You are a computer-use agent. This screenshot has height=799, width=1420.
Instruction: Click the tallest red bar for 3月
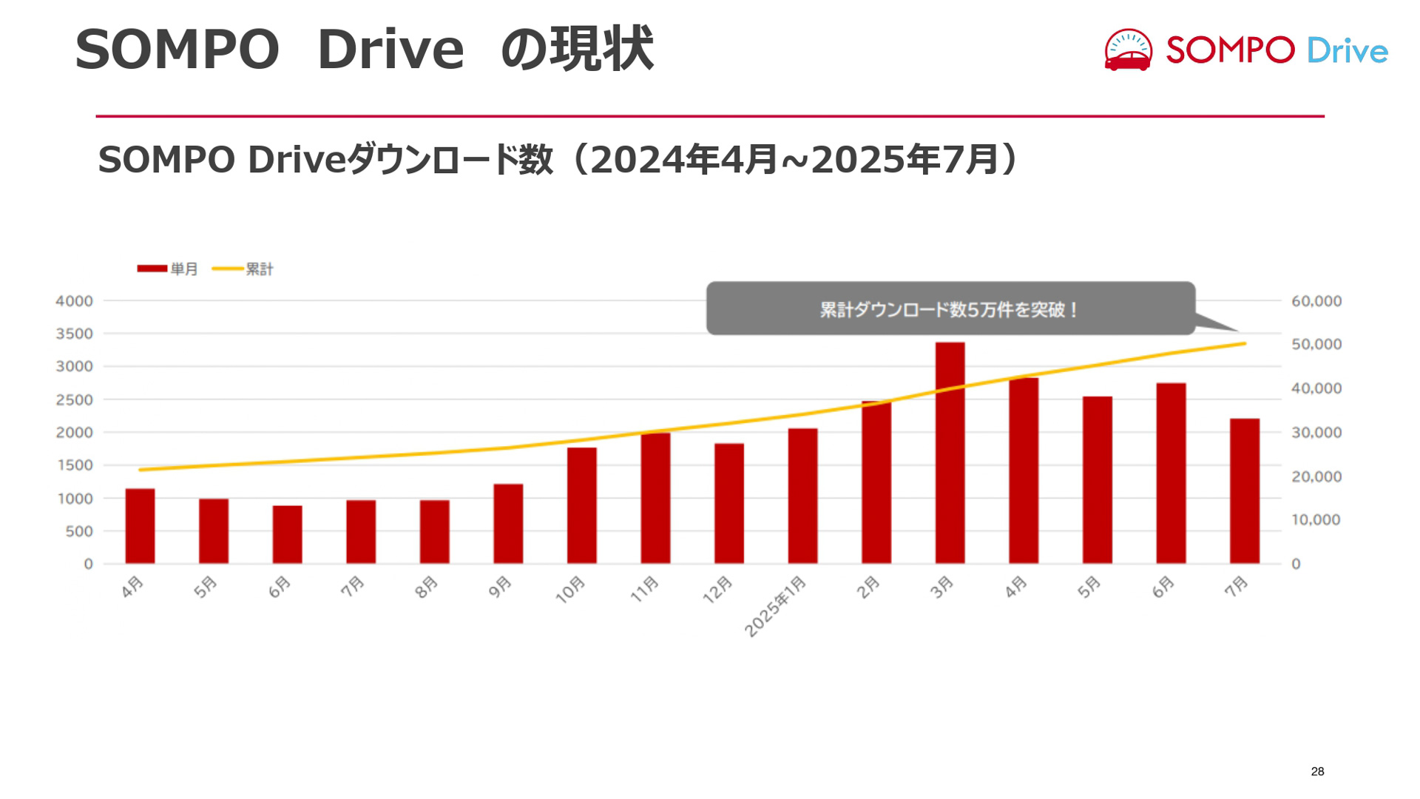click(x=950, y=453)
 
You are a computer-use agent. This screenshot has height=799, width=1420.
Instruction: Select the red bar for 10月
click(x=582, y=505)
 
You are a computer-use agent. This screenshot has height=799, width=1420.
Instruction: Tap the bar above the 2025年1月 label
click(x=802, y=496)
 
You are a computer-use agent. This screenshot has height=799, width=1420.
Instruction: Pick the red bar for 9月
click(x=508, y=524)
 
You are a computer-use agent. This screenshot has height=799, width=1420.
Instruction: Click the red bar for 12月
click(x=729, y=503)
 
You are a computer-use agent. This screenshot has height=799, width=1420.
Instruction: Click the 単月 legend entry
click(x=168, y=269)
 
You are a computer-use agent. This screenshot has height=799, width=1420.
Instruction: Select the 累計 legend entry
click(x=243, y=269)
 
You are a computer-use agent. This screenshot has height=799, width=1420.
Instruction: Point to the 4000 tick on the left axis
click(x=74, y=301)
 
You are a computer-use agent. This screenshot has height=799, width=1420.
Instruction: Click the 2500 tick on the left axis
click(x=74, y=400)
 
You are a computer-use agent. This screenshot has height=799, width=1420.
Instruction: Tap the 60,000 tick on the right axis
click(x=1316, y=301)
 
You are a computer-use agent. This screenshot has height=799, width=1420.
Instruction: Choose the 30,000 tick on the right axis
click(x=1316, y=433)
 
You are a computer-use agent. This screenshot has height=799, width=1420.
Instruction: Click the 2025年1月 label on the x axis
click(x=775, y=606)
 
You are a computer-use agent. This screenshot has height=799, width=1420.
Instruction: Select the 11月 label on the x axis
click(x=644, y=590)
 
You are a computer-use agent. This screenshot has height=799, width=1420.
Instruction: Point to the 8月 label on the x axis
click(x=427, y=587)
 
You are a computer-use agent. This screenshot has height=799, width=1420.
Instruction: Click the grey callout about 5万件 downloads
click(x=950, y=309)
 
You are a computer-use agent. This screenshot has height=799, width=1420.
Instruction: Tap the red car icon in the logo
click(x=1128, y=51)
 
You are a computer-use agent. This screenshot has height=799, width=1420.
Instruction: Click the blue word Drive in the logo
click(x=1347, y=51)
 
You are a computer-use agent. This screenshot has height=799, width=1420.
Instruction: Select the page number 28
click(x=1317, y=772)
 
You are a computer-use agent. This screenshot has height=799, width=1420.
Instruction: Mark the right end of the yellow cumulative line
click(x=1245, y=344)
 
